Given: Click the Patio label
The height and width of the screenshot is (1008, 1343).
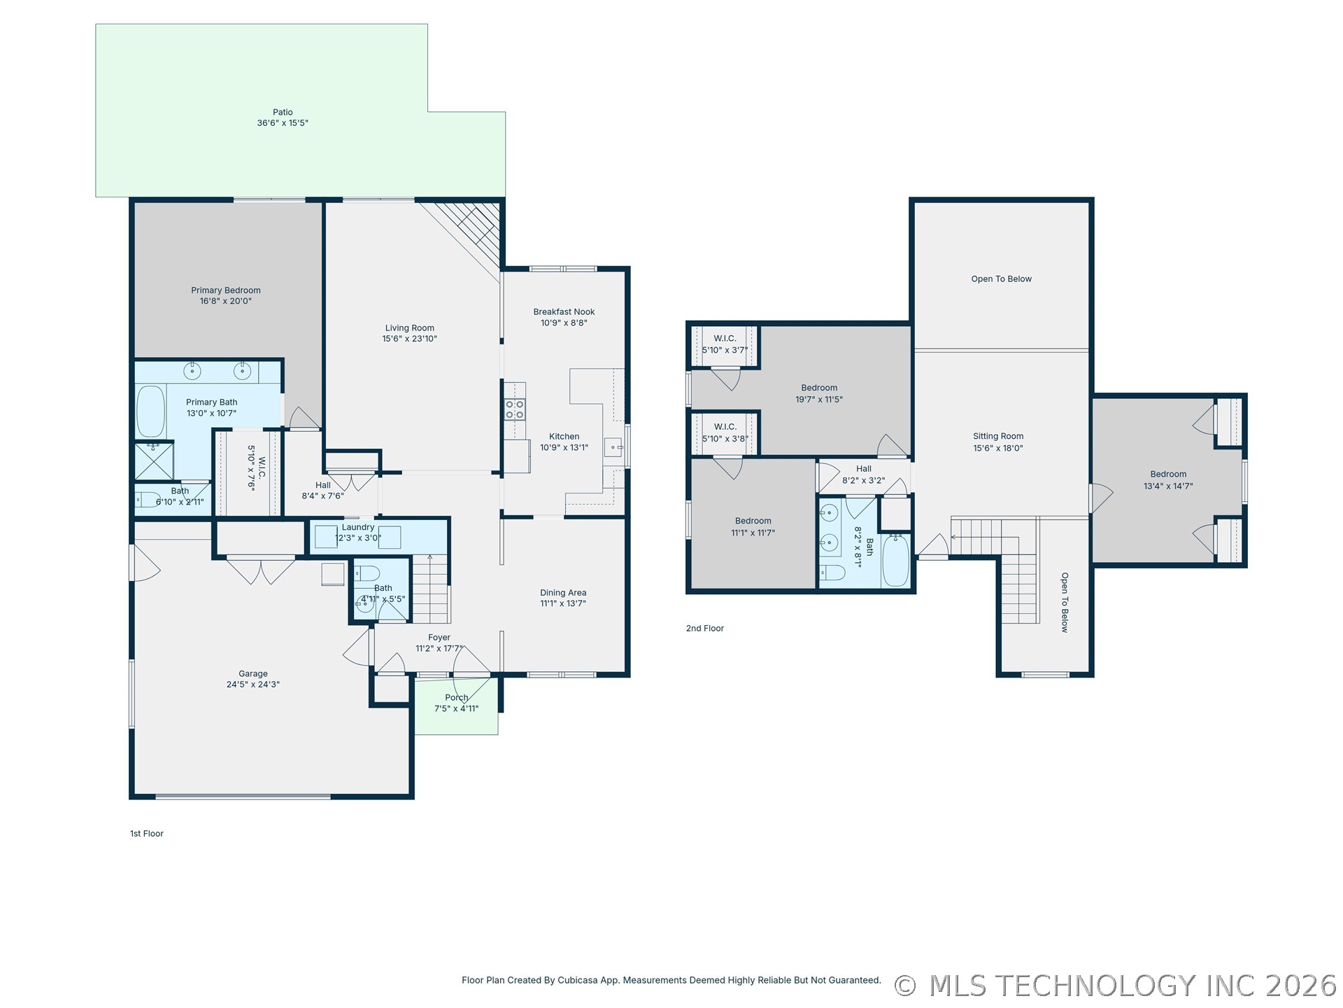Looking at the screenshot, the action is (x=283, y=112).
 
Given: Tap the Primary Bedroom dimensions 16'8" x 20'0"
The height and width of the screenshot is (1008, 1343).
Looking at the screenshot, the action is (x=225, y=302).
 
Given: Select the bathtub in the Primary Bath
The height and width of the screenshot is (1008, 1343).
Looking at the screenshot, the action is (x=150, y=411).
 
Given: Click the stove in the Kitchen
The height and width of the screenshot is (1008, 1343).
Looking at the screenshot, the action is (x=515, y=409).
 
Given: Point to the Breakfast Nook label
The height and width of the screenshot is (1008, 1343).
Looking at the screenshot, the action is (x=564, y=312).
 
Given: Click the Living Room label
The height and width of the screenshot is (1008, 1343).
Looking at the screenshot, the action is (x=409, y=328).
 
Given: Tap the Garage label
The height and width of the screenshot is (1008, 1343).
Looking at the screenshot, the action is (x=253, y=674).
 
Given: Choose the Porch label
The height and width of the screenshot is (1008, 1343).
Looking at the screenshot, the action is (x=456, y=698).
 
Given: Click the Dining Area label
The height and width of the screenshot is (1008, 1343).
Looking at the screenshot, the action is (x=563, y=593).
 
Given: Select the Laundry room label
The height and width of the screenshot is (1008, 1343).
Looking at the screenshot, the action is (x=358, y=528).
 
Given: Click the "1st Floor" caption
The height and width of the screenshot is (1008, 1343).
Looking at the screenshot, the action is (x=146, y=834).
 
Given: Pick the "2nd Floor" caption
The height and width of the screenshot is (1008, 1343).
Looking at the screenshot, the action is (x=704, y=629).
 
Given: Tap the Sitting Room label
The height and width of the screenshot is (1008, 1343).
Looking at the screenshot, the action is (x=998, y=437).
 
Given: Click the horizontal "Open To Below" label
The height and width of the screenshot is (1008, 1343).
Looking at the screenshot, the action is (x=1001, y=279).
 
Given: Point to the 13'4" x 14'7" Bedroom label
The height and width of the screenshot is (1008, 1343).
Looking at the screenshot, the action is (x=1168, y=475).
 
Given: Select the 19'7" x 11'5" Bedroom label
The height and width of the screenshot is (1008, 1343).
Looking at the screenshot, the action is (x=819, y=388).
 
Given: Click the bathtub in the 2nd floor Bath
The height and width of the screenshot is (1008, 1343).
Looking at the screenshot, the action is (x=895, y=560).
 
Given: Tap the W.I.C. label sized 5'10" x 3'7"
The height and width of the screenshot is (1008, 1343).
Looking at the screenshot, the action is (x=725, y=339).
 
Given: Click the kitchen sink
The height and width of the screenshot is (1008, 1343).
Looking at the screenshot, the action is (x=613, y=447).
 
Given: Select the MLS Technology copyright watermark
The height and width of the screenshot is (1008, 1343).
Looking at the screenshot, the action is (x=1116, y=986).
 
